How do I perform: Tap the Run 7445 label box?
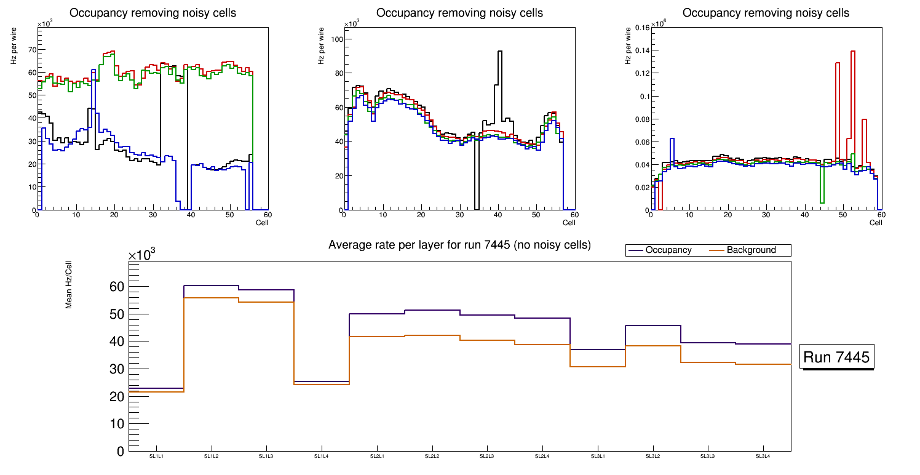836,357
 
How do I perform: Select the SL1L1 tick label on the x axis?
156,457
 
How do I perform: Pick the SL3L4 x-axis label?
763,457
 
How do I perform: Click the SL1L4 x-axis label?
322,457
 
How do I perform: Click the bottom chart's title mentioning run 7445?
459,245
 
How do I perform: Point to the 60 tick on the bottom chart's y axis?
116,287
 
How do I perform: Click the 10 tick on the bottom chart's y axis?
116,424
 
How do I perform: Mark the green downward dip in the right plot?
822,201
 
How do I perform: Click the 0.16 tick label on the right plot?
643,28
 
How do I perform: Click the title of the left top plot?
153,13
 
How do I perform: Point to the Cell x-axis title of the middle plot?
569,222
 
